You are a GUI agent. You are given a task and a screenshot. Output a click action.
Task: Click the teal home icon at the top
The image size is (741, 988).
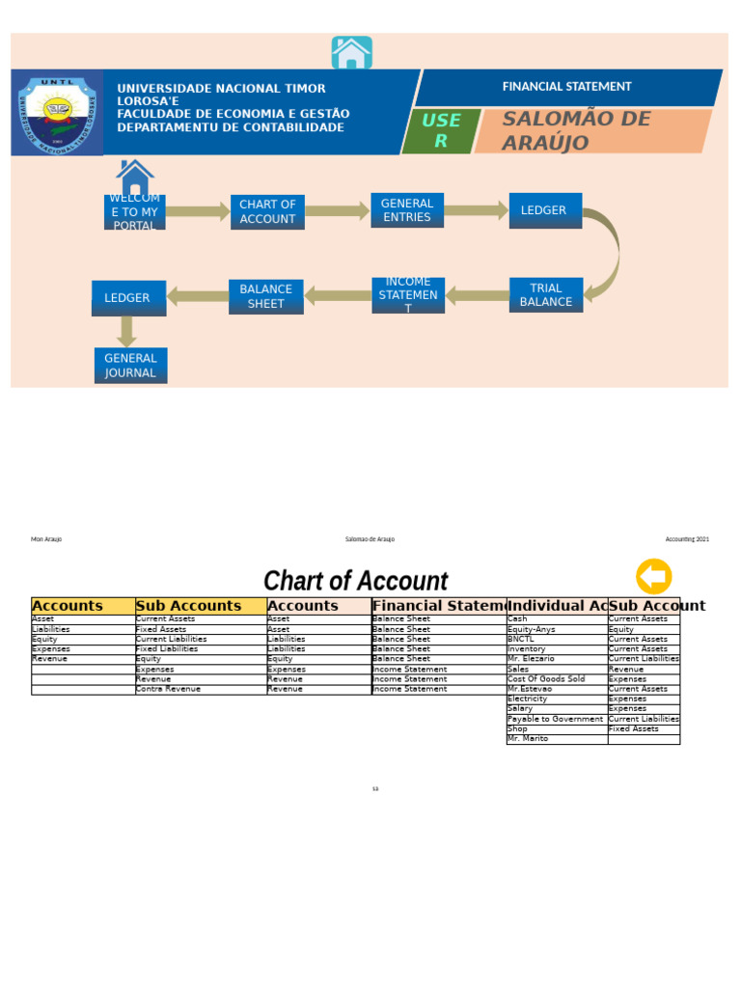[x=351, y=53]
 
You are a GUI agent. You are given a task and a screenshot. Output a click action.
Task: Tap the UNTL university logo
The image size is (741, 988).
[x=58, y=112]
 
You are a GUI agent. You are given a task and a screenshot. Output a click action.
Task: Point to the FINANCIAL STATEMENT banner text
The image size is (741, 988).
[x=566, y=87]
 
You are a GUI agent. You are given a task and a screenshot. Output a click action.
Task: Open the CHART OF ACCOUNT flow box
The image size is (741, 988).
[x=267, y=212]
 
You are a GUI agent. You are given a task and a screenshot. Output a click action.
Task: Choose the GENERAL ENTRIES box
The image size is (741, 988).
[x=407, y=210]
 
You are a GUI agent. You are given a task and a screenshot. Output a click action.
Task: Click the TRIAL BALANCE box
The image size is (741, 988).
[x=546, y=295]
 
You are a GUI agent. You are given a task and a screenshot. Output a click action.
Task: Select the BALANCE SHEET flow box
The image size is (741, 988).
[x=265, y=296]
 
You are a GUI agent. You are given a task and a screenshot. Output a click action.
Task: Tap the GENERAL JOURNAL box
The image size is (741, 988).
[x=130, y=366]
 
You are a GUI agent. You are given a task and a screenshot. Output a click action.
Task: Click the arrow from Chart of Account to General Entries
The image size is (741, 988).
[x=338, y=211]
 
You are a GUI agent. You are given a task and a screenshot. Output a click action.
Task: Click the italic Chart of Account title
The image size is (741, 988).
[x=355, y=581]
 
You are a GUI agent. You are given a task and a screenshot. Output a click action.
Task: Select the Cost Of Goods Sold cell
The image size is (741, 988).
[x=556, y=679]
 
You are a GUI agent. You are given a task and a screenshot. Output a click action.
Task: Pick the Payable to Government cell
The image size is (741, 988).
[x=556, y=719]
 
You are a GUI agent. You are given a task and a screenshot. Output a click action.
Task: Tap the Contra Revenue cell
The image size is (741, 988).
[x=200, y=689]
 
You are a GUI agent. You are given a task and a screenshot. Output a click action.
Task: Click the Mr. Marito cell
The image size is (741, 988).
[x=556, y=739]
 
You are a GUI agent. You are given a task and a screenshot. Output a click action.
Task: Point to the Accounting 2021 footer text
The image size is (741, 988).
[x=686, y=539]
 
